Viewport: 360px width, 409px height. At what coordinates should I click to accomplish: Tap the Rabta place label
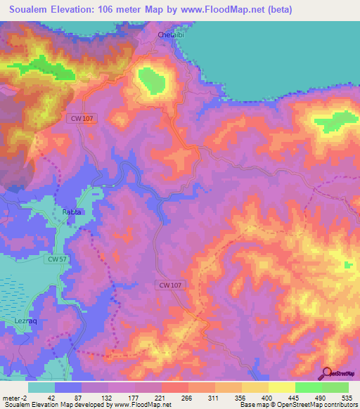pos(72,212)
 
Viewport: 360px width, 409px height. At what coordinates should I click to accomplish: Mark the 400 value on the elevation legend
pos(268,398)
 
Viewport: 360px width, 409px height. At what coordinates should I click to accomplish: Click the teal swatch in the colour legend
pos(41,387)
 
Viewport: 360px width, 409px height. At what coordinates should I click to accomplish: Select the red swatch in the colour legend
pos(175,387)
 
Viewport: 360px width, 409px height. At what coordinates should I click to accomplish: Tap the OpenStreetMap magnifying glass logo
pos(326,374)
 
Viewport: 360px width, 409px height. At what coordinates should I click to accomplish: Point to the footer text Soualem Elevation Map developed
pos(49,405)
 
